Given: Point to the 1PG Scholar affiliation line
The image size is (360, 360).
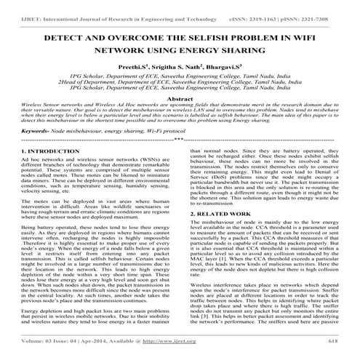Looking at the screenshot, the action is click(x=180, y=75).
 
